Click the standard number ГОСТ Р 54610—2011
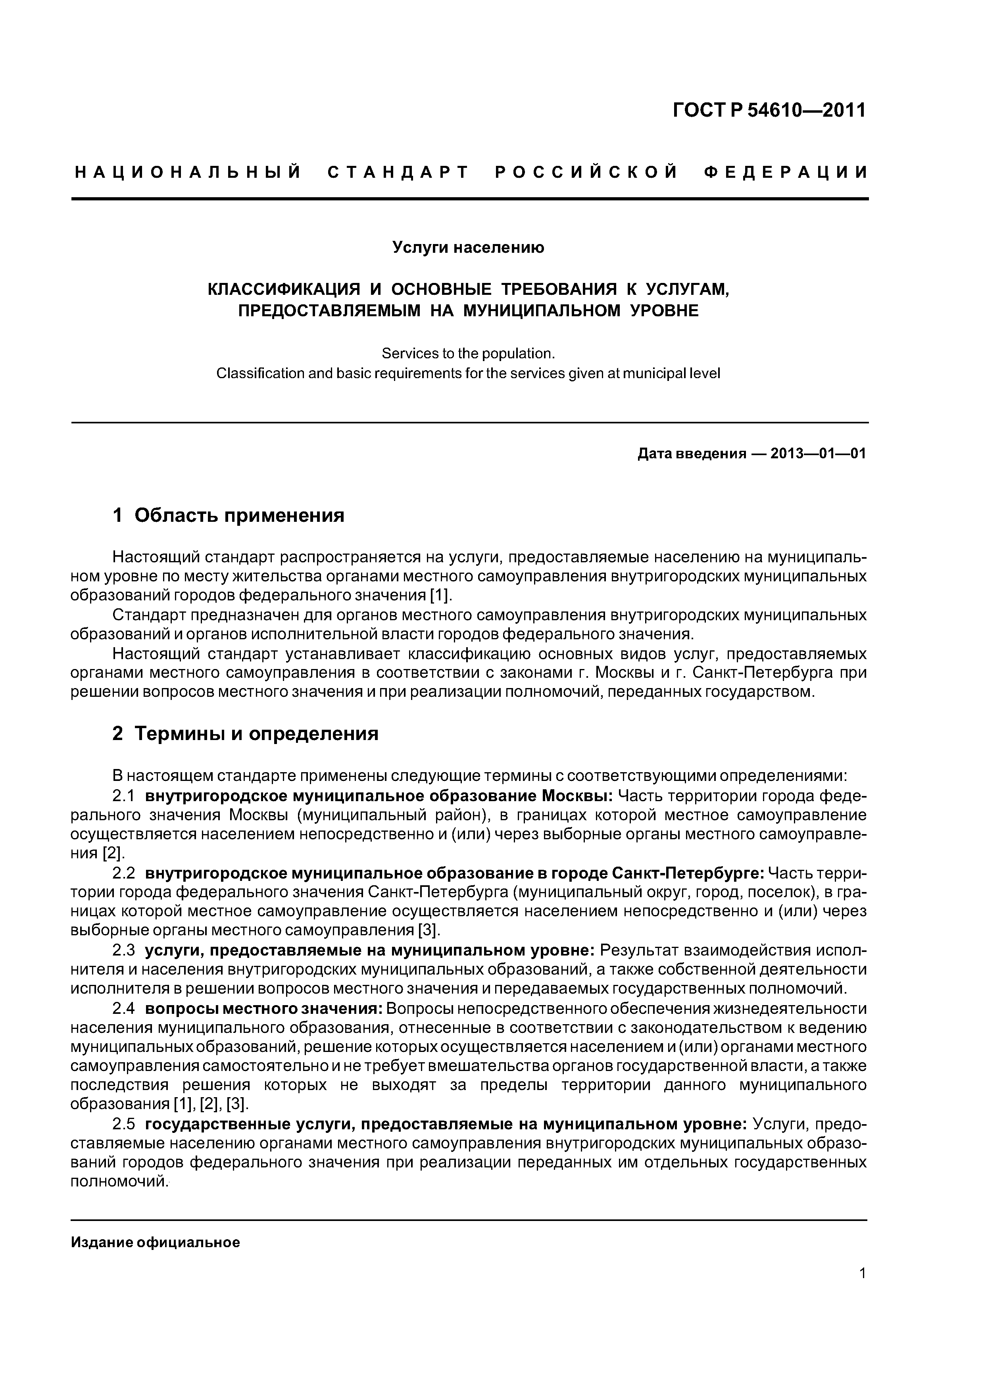[769, 110]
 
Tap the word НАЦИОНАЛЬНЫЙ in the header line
[188, 173]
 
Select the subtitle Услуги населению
[468, 247]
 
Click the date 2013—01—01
[818, 454]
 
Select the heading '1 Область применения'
[229, 515]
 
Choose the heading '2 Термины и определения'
[246, 734]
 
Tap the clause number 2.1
[124, 796]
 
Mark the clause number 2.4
[124, 1009]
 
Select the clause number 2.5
[124, 1124]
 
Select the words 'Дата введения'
[691, 454]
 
